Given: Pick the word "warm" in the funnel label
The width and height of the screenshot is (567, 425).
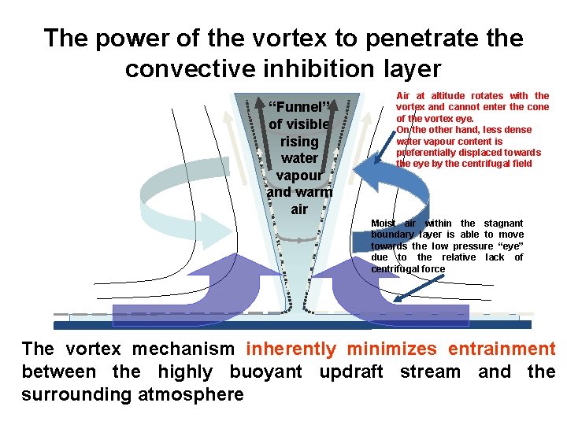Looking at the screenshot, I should pyautogui.click(x=312, y=191).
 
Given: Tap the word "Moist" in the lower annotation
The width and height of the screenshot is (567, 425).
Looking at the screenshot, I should pyautogui.click(x=385, y=224).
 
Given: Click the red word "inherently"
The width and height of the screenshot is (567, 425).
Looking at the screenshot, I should pyautogui.click(x=291, y=349).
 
